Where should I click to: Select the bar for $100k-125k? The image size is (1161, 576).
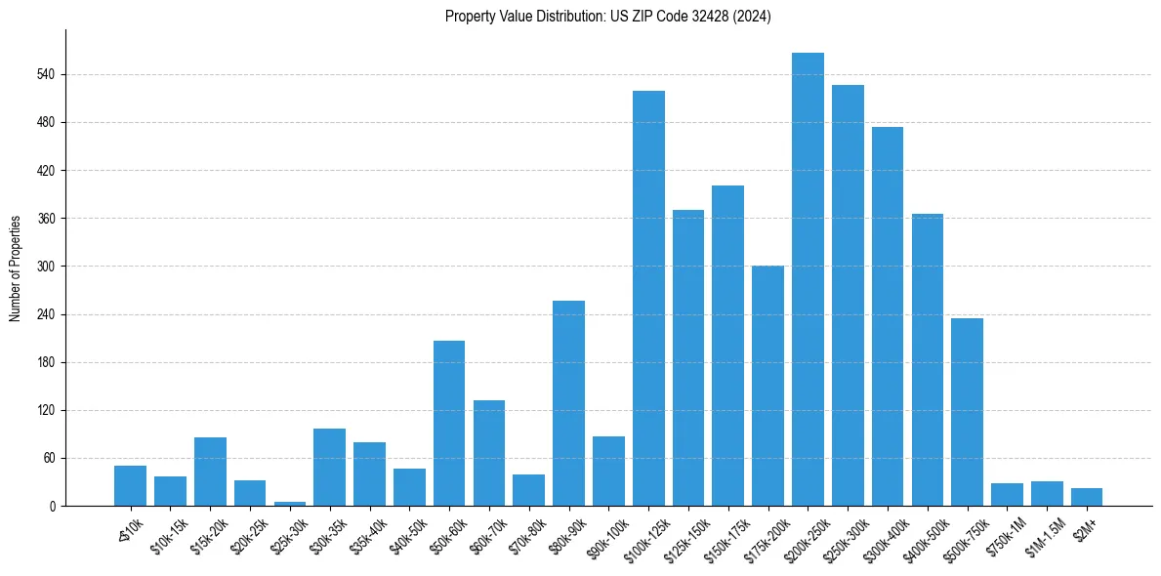[648, 298]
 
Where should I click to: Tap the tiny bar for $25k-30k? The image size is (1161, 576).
[290, 503]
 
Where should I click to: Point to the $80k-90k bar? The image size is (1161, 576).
[568, 403]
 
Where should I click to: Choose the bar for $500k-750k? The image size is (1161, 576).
[967, 412]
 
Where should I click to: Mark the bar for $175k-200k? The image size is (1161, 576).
[767, 386]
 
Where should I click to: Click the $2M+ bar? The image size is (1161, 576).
[1087, 497]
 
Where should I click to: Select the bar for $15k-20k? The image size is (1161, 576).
[210, 472]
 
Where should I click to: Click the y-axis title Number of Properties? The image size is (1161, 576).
[16, 267]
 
